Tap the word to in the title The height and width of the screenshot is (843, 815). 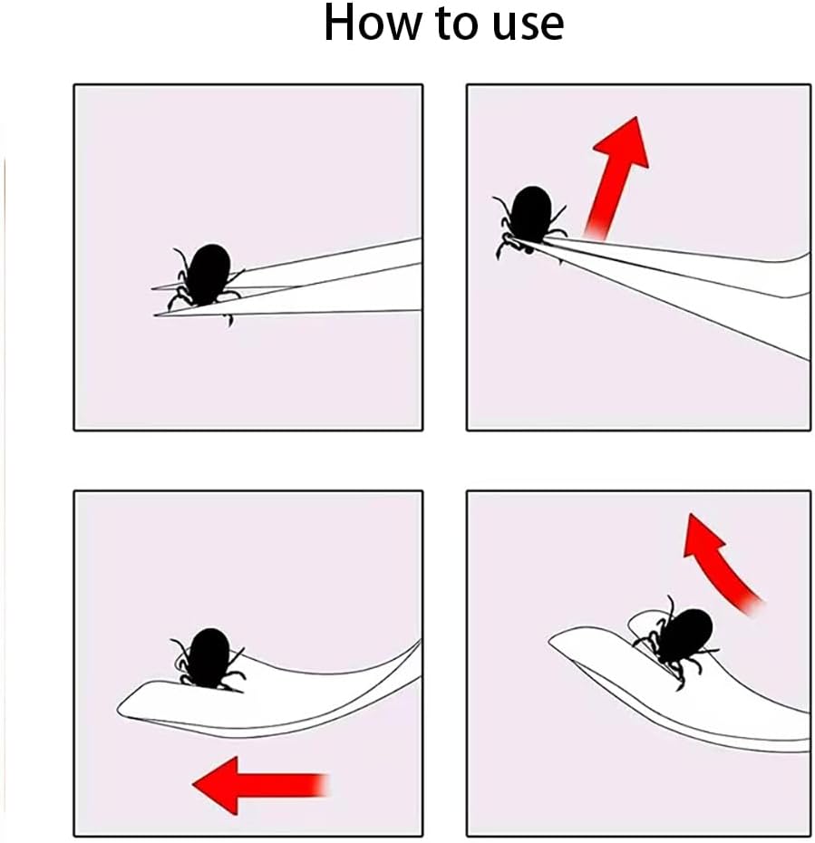pos(451,25)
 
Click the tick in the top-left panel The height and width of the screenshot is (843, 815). pos(208,276)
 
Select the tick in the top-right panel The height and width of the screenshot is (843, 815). pos(529,218)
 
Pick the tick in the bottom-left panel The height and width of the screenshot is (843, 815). pos(209,656)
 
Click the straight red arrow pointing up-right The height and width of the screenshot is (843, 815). pos(616,176)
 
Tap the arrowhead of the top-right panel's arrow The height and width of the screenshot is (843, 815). pos(626,142)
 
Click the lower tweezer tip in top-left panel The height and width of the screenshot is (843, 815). pos(160,314)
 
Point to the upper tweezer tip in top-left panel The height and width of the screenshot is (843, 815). pos(156,288)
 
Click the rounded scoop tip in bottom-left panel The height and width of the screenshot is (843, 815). pos(127,705)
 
